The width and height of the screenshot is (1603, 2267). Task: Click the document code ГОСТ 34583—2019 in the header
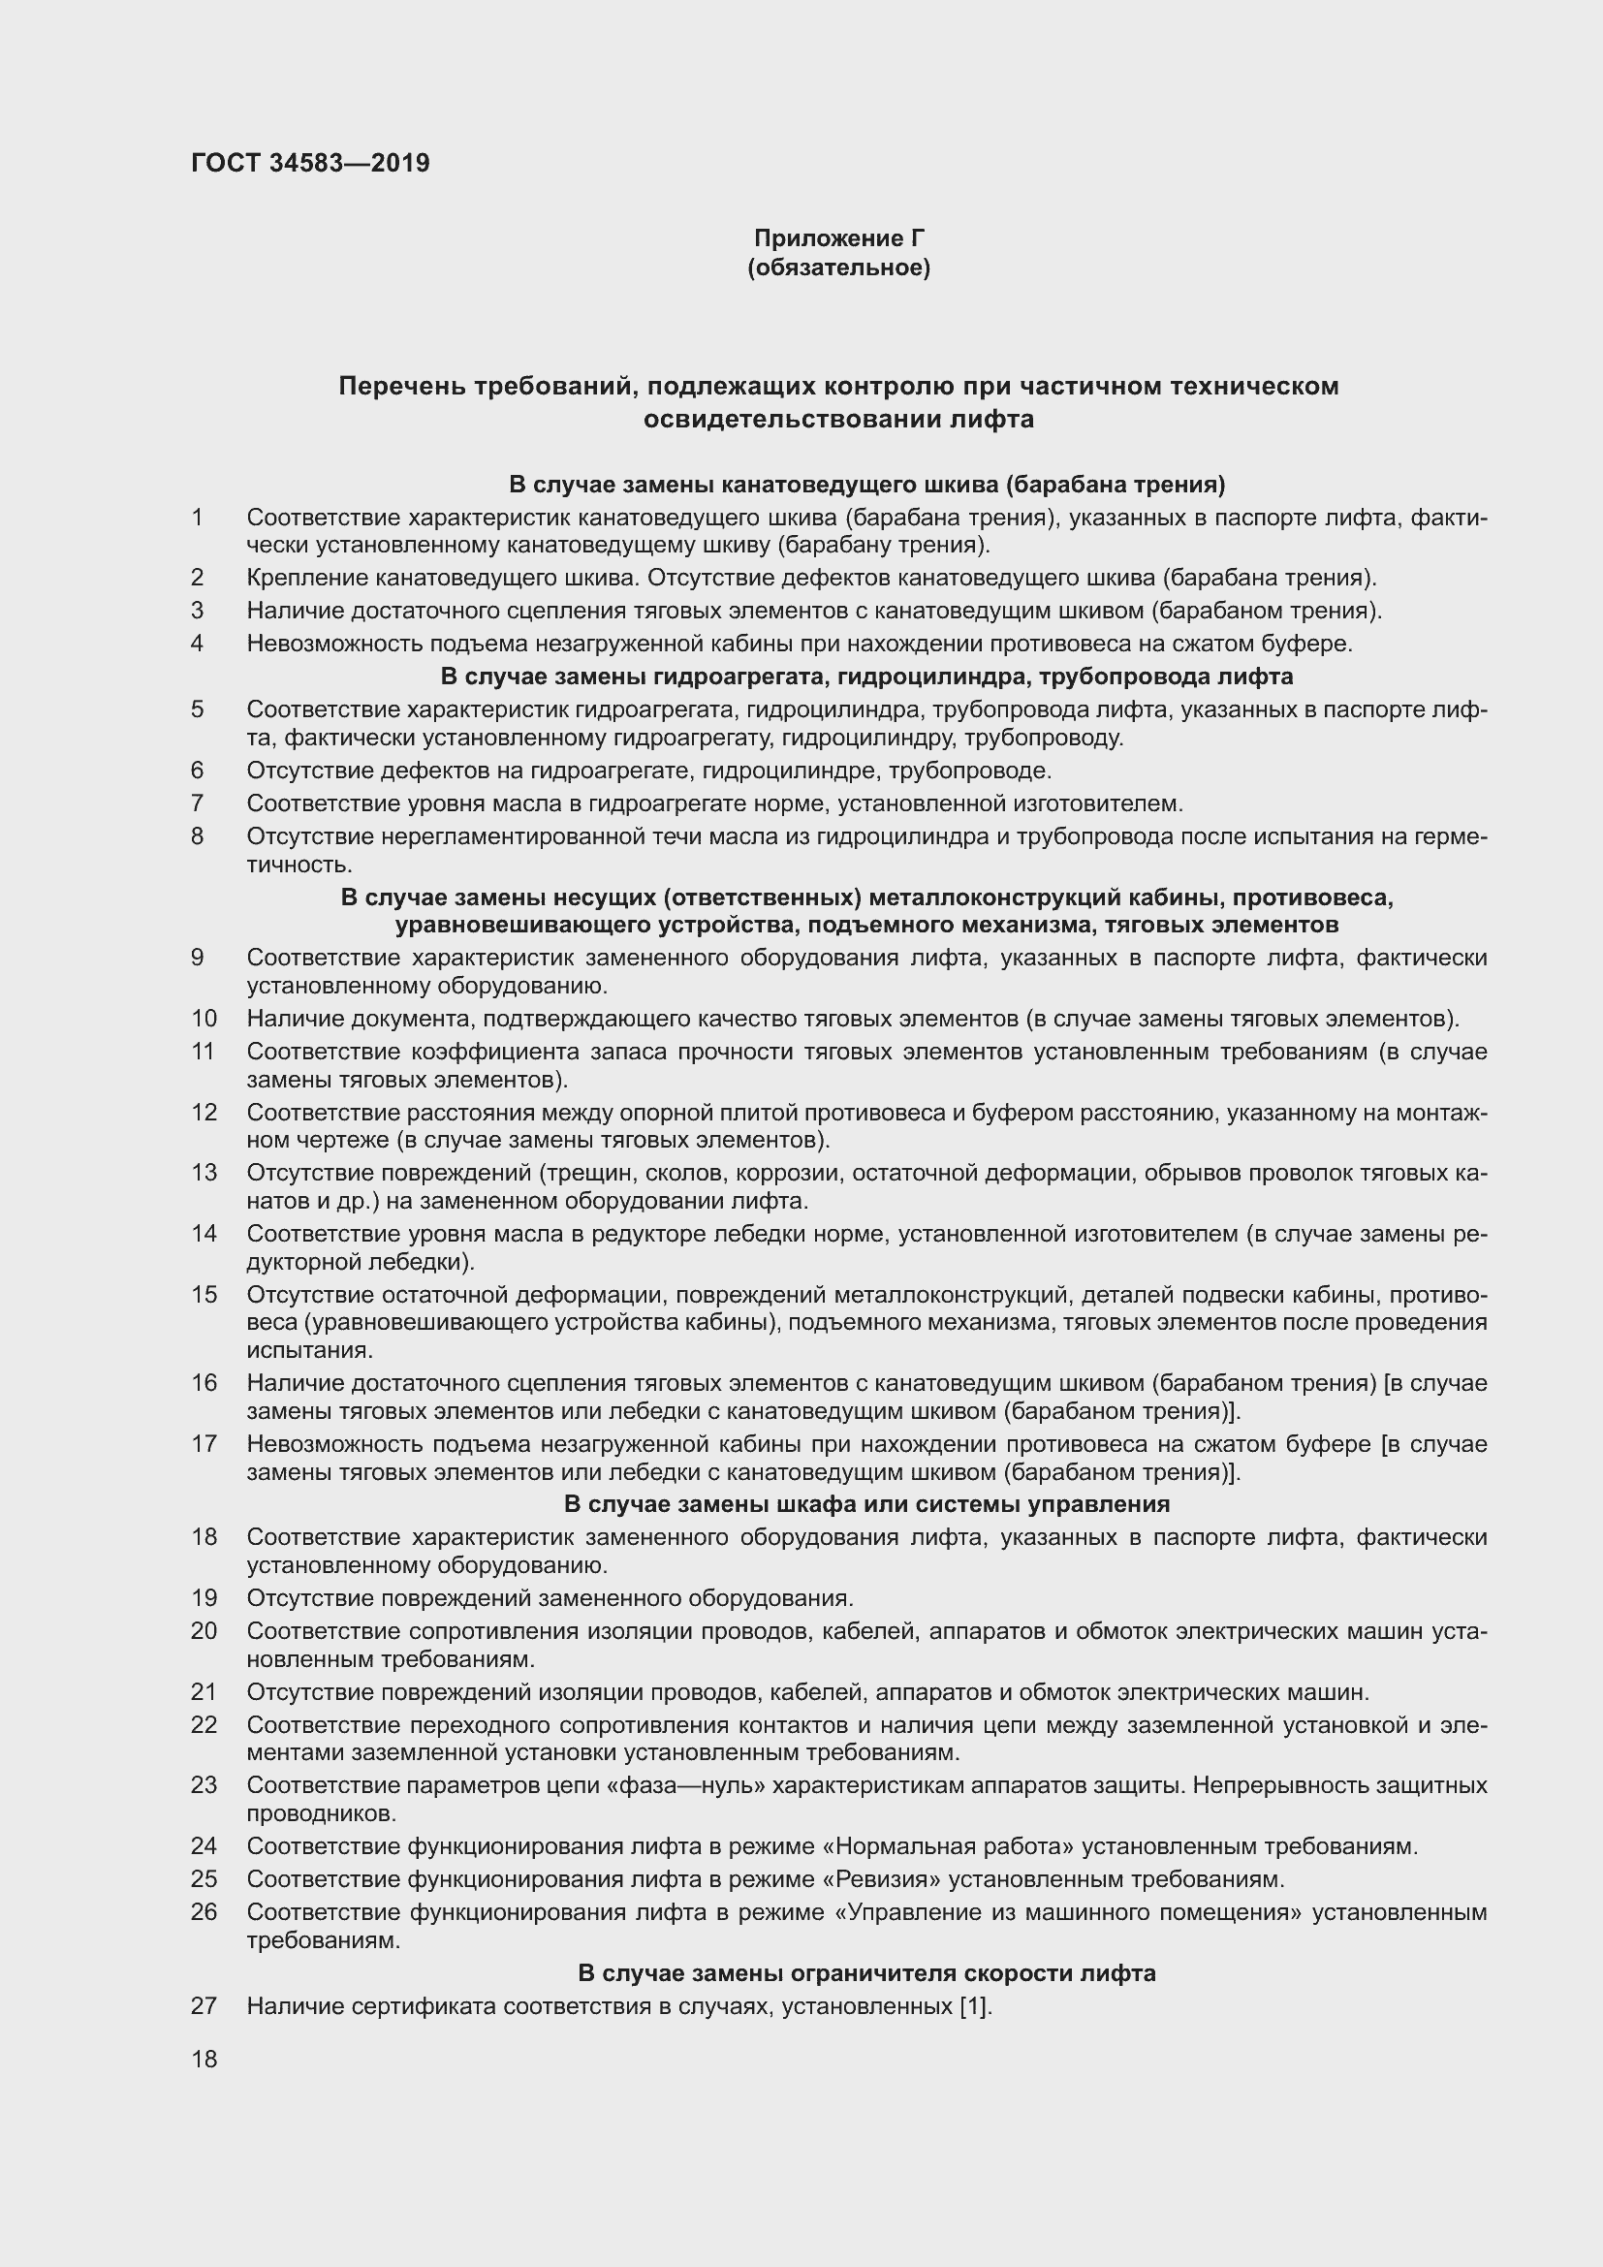[310, 163]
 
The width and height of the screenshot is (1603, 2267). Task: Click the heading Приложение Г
[839, 238]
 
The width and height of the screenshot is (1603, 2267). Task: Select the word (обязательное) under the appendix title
[839, 268]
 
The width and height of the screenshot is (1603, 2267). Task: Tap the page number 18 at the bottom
[204, 2059]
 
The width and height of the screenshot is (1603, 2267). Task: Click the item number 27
[204, 2005]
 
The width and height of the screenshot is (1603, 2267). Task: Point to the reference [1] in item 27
[972, 2005]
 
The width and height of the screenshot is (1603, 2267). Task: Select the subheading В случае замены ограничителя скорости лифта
[866, 1972]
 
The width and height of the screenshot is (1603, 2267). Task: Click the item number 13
[204, 1173]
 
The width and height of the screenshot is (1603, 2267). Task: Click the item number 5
[198, 708]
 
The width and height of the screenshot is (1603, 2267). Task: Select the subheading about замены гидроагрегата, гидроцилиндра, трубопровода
[866, 677]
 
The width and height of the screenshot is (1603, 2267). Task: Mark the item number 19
[204, 1597]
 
